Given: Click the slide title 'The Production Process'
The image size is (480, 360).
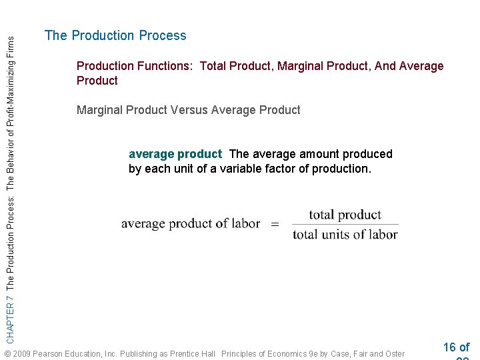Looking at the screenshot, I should click(x=115, y=36).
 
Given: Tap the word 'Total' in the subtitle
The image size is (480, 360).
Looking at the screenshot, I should click(x=213, y=66).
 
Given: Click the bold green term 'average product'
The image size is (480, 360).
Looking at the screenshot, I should click(x=175, y=154).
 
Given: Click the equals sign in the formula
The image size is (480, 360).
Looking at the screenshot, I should click(x=275, y=225).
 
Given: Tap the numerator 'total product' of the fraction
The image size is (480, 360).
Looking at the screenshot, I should click(x=345, y=215).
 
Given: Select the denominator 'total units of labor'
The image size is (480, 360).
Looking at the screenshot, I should click(x=345, y=234).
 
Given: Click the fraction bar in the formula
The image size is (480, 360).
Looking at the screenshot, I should click(x=345, y=225).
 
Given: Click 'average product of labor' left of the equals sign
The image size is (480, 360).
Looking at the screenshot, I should click(x=190, y=224).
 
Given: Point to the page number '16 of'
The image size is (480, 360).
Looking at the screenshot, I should click(x=456, y=347).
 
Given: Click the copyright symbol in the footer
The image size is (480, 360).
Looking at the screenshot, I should click(x=7, y=353).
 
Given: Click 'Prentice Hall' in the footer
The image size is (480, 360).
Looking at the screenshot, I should click(x=190, y=353).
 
